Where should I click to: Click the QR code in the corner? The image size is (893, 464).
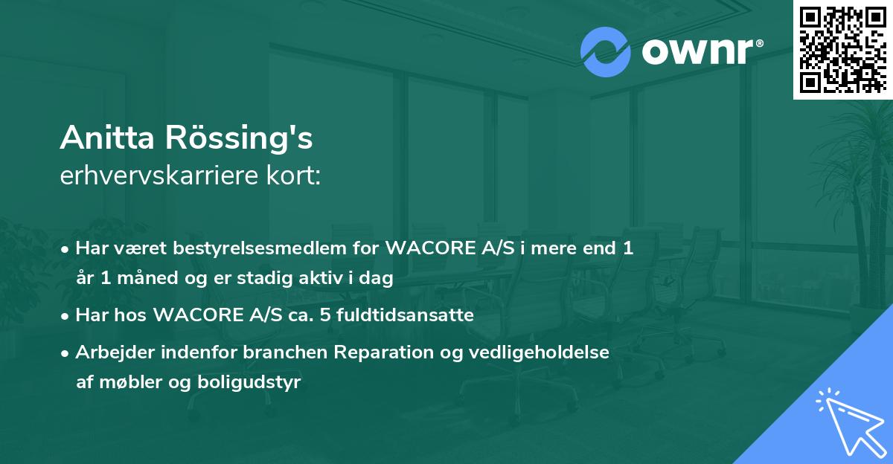[x=842, y=49]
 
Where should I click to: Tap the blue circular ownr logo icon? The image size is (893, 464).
[x=606, y=52]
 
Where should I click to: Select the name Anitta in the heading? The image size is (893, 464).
[x=107, y=138]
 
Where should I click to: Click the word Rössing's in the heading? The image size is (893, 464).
[x=239, y=138]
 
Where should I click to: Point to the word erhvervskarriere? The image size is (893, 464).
[x=159, y=175]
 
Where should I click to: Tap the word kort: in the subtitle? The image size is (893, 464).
[x=293, y=175]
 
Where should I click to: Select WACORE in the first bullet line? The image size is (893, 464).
[x=430, y=248]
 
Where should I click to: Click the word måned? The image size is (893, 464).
[x=148, y=277]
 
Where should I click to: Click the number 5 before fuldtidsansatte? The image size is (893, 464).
[x=325, y=315]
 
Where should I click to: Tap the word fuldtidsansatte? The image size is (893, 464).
[x=405, y=315]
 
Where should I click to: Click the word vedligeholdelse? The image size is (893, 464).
[x=539, y=352]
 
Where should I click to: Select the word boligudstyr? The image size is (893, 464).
[x=249, y=382]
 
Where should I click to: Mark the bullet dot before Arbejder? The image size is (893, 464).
[x=65, y=353]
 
